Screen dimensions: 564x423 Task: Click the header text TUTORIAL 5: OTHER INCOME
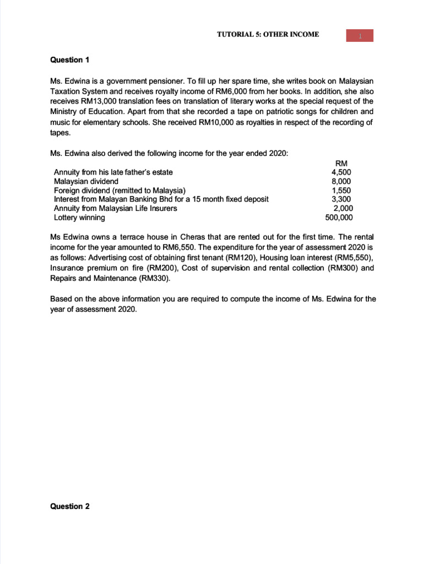pyautogui.click(x=268, y=35)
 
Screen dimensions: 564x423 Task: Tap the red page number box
pyautogui.click(x=359, y=36)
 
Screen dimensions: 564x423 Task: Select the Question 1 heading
pyautogui.click(x=69, y=59)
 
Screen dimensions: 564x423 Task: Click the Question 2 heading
pyautogui.click(x=69, y=507)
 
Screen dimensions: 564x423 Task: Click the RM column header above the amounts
pyautogui.click(x=341, y=162)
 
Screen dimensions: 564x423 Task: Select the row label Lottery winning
pyautogui.click(x=79, y=218)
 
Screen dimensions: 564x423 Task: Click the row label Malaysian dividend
pyautogui.click(x=86, y=181)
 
